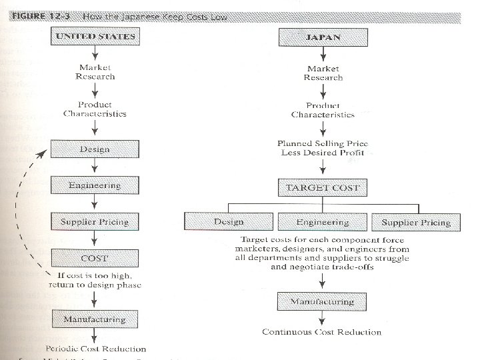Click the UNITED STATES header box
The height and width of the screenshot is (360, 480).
click(x=95, y=37)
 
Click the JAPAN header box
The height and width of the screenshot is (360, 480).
click(x=323, y=37)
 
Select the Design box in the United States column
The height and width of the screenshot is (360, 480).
click(x=95, y=149)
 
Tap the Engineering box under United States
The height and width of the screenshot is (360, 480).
click(x=95, y=185)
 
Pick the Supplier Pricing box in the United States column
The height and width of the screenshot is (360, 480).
click(x=95, y=221)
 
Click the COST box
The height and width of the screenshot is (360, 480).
click(x=95, y=257)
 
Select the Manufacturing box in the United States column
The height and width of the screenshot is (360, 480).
click(x=95, y=319)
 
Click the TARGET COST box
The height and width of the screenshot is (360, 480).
click(x=323, y=187)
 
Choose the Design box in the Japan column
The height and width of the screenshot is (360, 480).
click(x=229, y=221)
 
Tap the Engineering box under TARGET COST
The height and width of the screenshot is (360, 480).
click(x=323, y=221)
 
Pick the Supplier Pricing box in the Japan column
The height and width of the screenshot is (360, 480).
click(x=416, y=221)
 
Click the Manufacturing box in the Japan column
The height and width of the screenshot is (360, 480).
click(x=323, y=302)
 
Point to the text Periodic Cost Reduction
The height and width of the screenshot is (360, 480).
click(x=95, y=349)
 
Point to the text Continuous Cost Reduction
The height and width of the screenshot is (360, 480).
click(x=322, y=332)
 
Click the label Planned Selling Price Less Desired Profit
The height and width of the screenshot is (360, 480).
click(x=323, y=149)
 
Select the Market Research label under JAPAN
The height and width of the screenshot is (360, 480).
click(x=323, y=73)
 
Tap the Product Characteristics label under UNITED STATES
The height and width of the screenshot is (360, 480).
click(x=95, y=109)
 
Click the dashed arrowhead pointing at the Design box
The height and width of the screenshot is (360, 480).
click(x=42, y=153)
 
